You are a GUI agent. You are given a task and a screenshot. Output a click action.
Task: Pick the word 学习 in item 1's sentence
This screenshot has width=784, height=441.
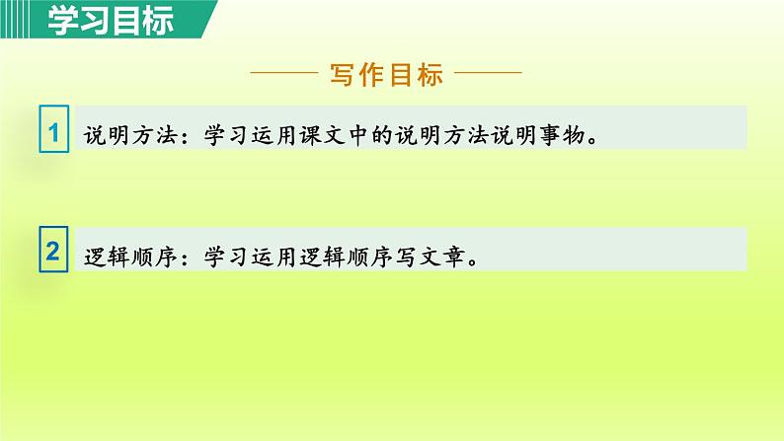coord(216,135)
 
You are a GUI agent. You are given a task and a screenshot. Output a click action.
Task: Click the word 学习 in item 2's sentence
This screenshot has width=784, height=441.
coord(216,257)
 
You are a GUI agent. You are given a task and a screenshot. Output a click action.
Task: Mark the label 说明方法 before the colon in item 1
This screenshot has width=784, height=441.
coord(120,135)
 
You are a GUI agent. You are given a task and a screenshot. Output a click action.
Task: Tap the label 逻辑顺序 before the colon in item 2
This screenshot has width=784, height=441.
coord(120,257)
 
